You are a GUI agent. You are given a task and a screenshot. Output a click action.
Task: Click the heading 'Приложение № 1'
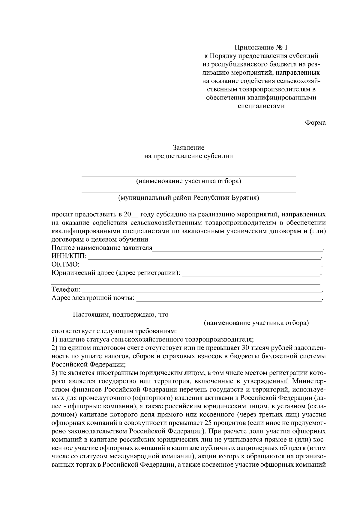(x=261, y=47)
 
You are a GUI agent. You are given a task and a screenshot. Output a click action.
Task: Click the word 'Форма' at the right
(x=315, y=122)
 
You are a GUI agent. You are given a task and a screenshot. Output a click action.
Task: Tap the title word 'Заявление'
(x=189, y=147)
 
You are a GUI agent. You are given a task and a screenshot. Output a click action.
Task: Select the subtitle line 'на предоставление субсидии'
(x=189, y=156)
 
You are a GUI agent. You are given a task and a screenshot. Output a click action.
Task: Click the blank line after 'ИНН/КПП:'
(x=204, y=257)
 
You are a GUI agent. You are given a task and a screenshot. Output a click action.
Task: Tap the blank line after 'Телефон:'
(x=201, y=291)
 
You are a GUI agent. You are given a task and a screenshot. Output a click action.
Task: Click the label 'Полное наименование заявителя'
(x=102, y=248)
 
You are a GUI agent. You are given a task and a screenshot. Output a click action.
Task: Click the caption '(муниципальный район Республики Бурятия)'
(x=189, y=198)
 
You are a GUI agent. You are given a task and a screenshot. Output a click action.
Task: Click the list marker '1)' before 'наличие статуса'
(x=55, y=340)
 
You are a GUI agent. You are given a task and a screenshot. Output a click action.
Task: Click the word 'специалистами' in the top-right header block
(x=261, y=106)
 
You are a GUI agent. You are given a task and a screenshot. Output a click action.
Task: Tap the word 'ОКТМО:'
(x=65, y=265)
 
